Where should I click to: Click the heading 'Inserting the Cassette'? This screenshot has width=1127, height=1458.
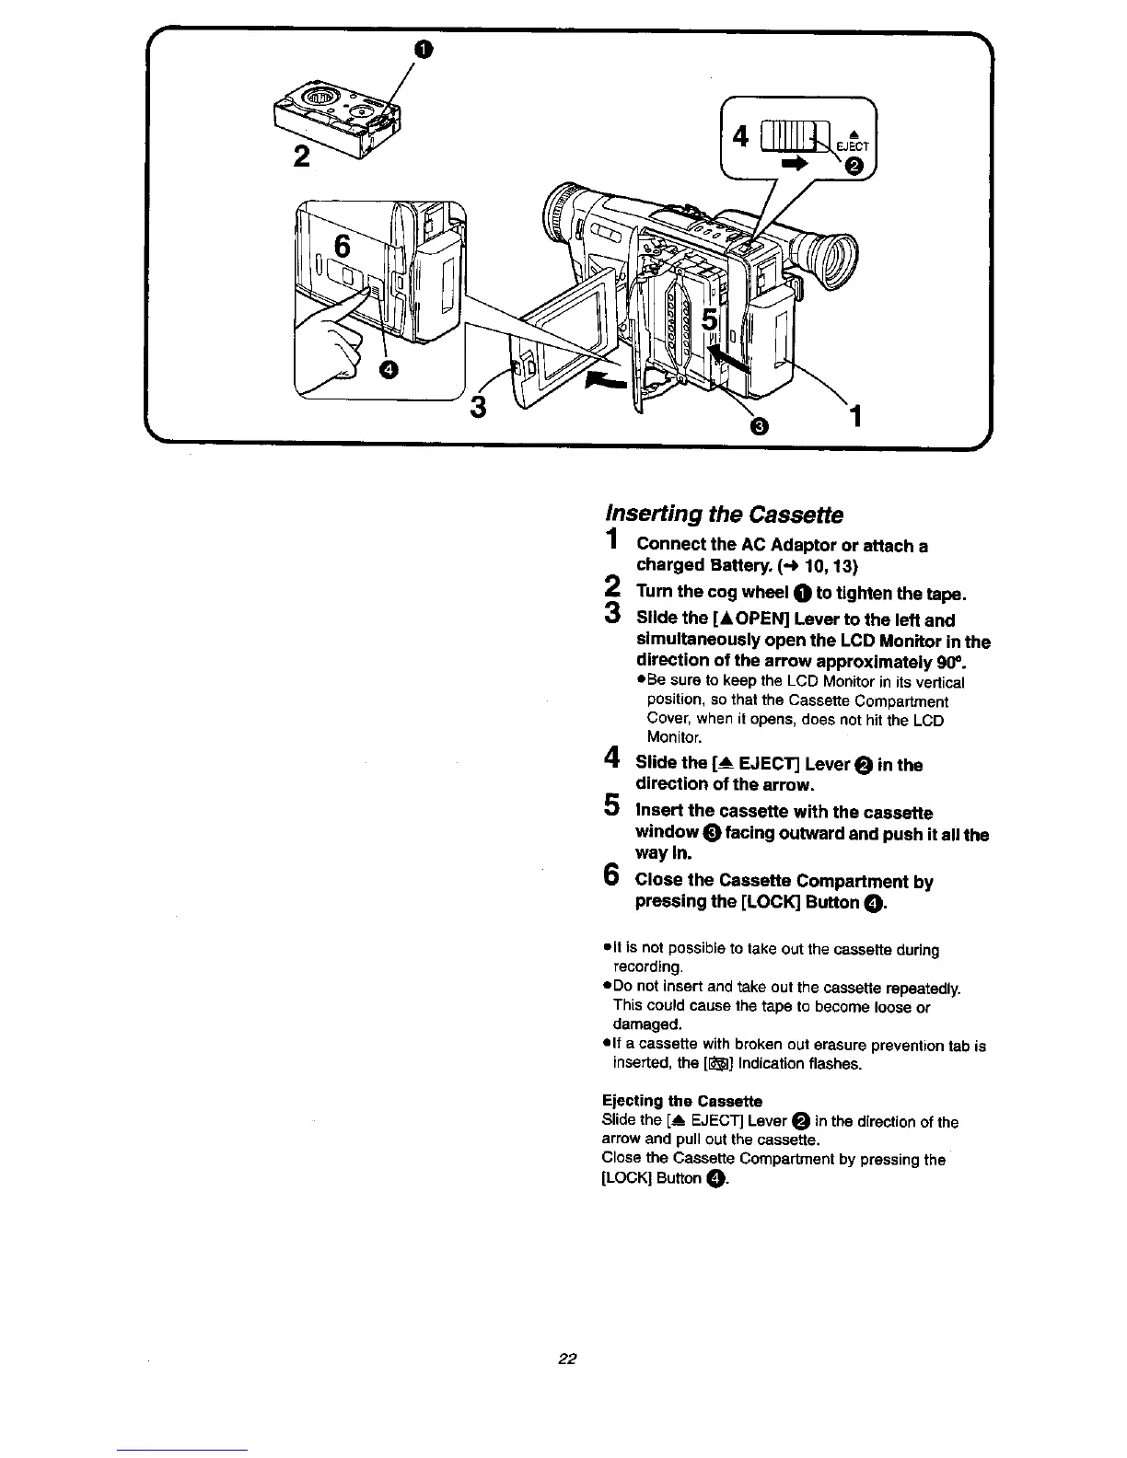(x=723, y=514)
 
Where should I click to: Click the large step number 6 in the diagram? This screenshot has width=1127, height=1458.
(x=343, y=247)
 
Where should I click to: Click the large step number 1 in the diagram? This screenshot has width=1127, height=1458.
(x=856, y=418)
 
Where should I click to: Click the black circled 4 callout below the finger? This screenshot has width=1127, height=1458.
(x=389, y=369)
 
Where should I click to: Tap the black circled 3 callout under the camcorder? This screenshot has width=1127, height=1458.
(x=758, y=425)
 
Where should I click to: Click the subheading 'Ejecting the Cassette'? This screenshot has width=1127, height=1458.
(x=681, y=1101)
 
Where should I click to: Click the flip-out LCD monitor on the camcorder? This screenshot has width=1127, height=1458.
(x=566, y=341)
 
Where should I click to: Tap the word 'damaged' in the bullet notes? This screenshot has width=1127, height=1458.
(x=645, y=1024)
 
